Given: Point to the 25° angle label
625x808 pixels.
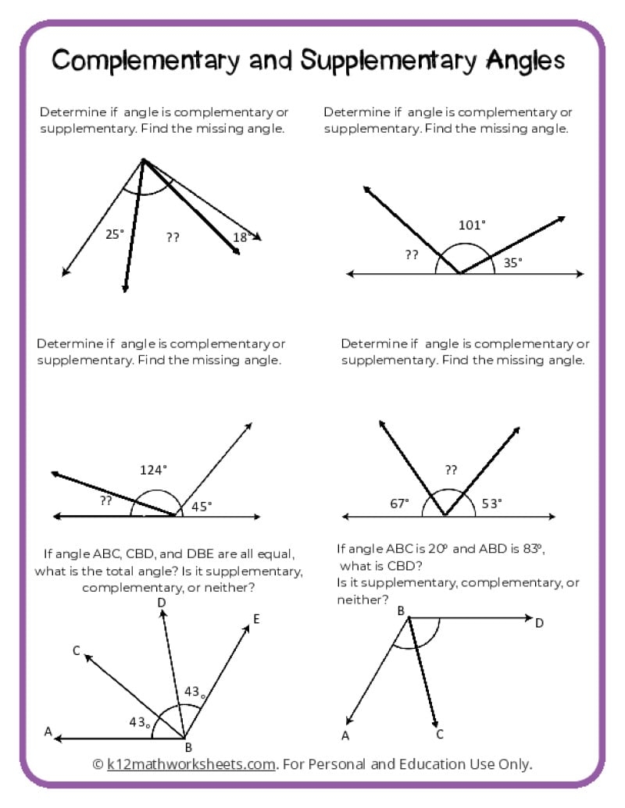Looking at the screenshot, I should pos(114,233).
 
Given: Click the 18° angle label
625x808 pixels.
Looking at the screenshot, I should pos(241,237).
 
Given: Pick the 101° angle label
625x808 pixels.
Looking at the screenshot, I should pos(471,225).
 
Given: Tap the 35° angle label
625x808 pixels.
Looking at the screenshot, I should pos(512,263).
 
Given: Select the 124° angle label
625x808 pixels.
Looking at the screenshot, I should pos(153,470).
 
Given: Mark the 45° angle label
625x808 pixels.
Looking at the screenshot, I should pos(202,506).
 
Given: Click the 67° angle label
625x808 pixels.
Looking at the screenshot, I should pos(399,504).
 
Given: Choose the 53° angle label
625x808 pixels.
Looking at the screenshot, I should pos(491,504).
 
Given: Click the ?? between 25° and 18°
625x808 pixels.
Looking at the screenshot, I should pos(173,237).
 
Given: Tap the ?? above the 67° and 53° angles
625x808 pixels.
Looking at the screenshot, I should pos(451,470).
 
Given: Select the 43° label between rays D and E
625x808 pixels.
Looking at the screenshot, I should pos(195,692).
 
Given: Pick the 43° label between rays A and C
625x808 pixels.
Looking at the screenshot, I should pos(140,722).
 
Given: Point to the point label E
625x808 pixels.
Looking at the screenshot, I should pos(256,619).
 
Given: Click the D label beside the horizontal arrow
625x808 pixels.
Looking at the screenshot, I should pos(539,622).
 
